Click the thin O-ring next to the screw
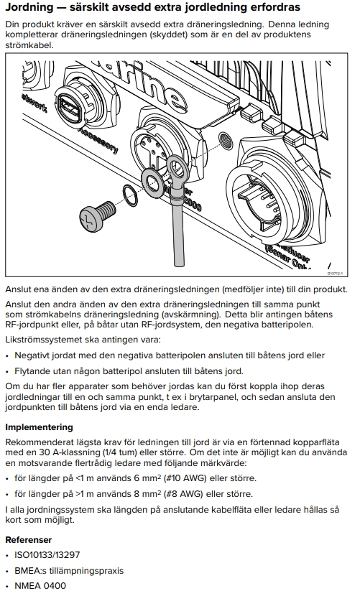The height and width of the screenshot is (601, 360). [131, 195]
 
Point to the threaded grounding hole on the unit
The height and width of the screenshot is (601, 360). [225, 141]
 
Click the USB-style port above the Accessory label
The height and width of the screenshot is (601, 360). [70, 109]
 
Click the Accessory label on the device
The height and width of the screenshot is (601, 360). [98, 140]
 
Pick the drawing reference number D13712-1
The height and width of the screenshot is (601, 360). [335, 274]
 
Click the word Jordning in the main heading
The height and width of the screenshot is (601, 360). [29, 7]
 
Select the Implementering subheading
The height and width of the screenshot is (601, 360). [39, 427]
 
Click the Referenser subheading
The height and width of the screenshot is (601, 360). [28, 540]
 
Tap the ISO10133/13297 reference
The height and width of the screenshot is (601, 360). [47, 554]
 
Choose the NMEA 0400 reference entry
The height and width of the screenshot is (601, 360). [40, 586]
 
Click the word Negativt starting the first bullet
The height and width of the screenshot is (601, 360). [33, 355]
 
